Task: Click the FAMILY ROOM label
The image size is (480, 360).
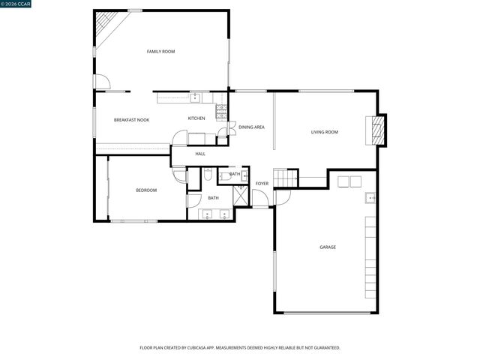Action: point(160,51)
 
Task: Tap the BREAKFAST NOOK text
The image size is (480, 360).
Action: point(131,120)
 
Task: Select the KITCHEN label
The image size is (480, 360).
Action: point(196,118)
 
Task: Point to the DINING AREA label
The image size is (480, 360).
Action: point(251,127)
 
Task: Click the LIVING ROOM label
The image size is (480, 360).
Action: point(325,132)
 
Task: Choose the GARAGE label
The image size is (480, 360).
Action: point(328,247)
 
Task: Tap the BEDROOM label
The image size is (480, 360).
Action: point(146,190)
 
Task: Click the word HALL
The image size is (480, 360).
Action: point(200,154)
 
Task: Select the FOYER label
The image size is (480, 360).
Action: point(262,183)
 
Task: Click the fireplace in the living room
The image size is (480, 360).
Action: point(379,130)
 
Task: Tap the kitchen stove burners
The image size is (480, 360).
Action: point(221,112)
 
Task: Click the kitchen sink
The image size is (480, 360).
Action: point(196,96)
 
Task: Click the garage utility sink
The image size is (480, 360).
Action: point(370,197)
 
